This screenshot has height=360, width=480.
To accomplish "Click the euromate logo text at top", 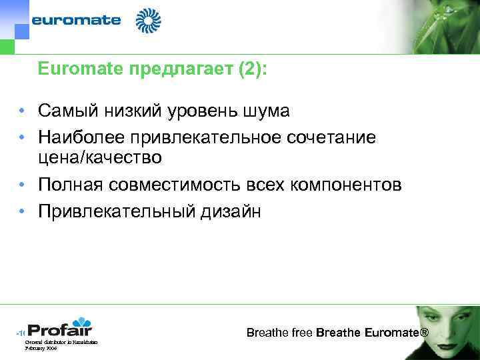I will pyautogui.click(x=77, y=20).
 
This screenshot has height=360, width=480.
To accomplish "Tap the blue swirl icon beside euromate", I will pyautogui.click(x=148, y=21).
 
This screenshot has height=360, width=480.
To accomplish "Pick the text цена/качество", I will pyautogui.click(x=99, y=157).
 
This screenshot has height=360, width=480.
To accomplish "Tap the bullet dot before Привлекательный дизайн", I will pyautogui.click(x=22, y=212).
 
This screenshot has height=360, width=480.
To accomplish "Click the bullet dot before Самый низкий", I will pyautogui.click(x=22, y=111).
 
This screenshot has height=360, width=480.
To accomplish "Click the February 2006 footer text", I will pyautogui.click(x=41, y=348).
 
